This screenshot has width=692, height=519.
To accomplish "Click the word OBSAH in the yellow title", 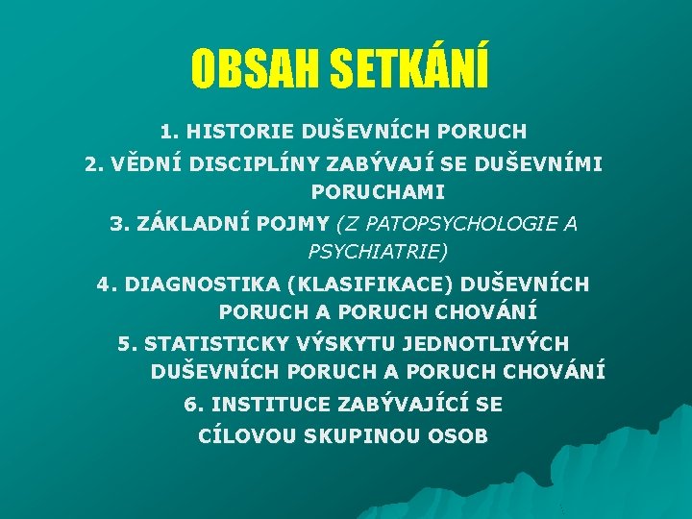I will pos(255,68).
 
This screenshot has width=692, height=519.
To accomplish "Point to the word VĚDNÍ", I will pos(142,164).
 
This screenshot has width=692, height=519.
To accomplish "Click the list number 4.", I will pos(103,284).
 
